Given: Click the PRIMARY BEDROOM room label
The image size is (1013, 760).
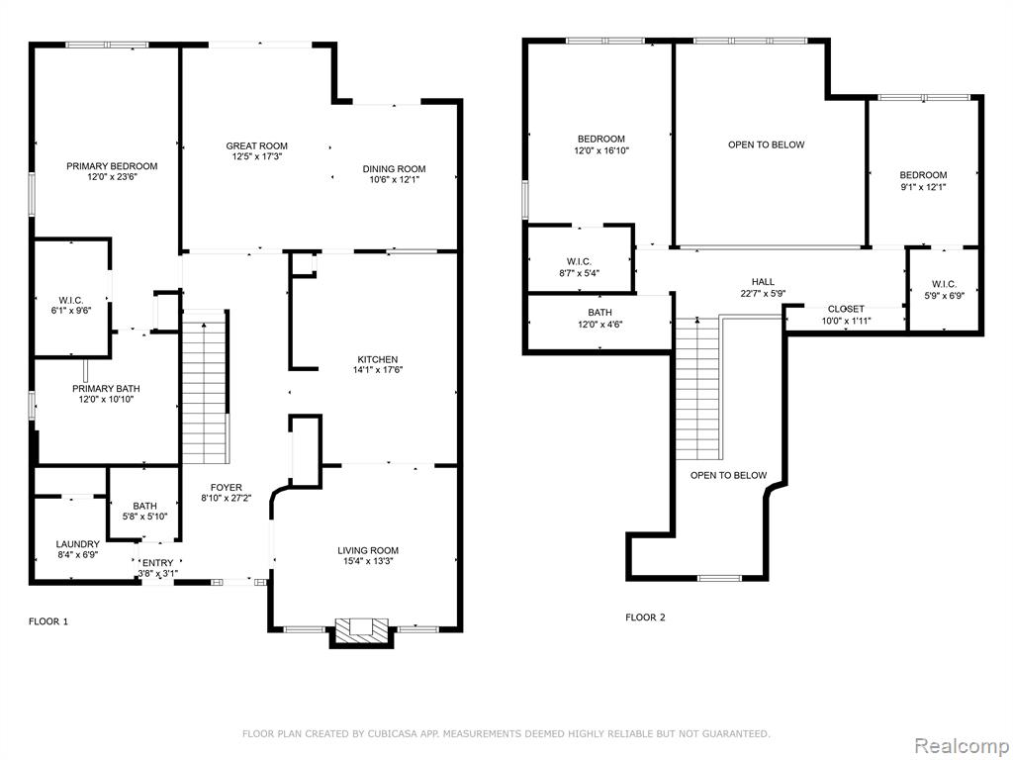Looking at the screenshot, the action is coord(112,166).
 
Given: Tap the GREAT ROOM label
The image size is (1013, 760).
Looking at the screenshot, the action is coord(256,146).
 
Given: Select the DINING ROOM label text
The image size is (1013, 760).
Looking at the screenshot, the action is coord(394,169).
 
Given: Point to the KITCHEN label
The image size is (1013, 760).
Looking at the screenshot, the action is coord(378,359).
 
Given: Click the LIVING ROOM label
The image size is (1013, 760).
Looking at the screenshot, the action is coord(368,550).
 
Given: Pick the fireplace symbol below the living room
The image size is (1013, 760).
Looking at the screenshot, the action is coord(362,631).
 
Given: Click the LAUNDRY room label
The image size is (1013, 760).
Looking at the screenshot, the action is coord(77,544).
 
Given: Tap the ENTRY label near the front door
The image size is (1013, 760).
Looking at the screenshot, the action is coord(157,563).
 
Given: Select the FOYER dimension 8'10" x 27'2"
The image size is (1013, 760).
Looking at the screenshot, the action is coord(227,499).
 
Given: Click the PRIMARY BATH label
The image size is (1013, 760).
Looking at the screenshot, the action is coord(106,388).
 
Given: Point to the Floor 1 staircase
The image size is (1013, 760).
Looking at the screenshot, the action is coord(205,387).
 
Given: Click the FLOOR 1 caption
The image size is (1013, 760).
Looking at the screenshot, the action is coord(48,621).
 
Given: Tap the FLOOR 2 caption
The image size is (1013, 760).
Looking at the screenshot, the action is coord(645,617).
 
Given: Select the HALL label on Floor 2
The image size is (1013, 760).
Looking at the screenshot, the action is coord(763,282).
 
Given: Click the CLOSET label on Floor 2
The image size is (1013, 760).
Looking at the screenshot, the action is coord(846,309).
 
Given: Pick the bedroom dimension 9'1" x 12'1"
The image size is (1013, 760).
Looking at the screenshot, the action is coord(923,187).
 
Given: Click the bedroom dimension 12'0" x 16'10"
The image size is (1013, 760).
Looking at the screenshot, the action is coord(600,150).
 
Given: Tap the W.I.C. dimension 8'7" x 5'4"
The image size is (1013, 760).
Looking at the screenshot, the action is coord(579,273).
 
